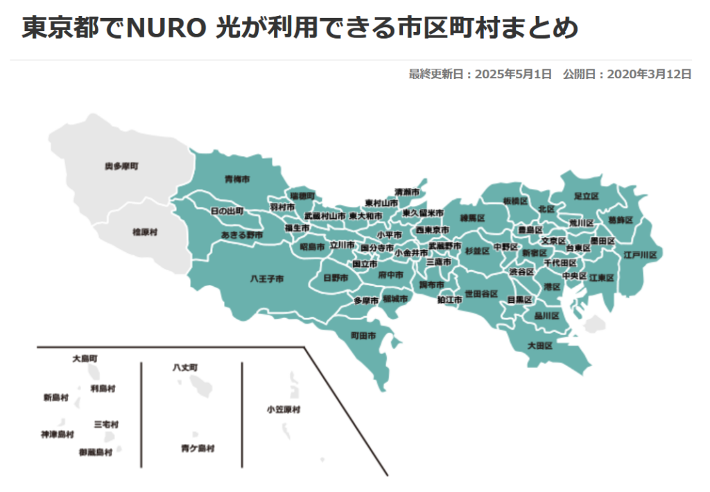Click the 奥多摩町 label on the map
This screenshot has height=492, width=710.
[x=121, y=166]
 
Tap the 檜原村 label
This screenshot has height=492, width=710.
[x=145, y=232]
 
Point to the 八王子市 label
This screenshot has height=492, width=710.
[x=266, y=279]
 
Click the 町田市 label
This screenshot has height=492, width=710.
[x=363, y=335]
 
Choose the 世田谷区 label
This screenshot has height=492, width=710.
[x=481, y=294]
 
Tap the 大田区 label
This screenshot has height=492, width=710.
[x=539, y=344]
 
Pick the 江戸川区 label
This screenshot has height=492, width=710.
[x=639, y=255]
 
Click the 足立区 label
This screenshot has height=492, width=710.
[x=586, y=196]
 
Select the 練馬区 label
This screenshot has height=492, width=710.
[x=471, y=218]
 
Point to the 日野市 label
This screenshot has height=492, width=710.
[x=336, y=278]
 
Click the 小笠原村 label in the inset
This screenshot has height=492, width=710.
[x=284, y=410]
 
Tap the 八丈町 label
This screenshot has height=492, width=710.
[x=185, y=367]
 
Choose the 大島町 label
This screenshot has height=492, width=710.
[x=85, y=358]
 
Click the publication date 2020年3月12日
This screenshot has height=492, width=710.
[x=648, y=74]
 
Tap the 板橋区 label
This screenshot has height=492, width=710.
[x=516, y=201]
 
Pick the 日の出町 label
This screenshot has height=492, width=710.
[x=227, y=210]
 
